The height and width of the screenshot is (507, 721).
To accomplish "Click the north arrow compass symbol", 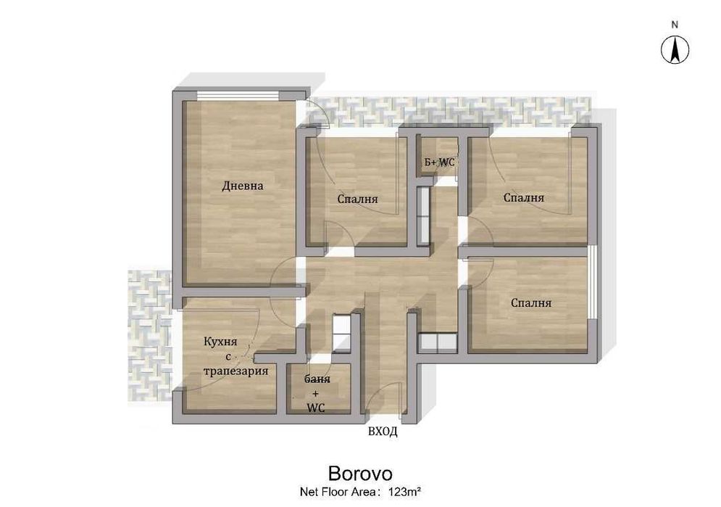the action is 675,49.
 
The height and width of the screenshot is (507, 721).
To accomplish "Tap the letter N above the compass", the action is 675,25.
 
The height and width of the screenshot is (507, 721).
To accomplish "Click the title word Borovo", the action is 360,474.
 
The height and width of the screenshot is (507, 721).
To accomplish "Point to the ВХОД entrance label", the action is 383,432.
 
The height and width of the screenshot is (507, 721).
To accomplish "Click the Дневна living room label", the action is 242,186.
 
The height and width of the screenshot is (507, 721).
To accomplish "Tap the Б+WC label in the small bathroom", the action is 439,162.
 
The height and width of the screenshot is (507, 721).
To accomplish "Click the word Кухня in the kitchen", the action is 220,342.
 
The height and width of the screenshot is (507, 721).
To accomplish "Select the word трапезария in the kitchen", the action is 236,371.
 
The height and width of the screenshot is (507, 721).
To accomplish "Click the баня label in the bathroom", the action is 317,379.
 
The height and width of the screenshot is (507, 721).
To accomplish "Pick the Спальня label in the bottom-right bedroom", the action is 531,303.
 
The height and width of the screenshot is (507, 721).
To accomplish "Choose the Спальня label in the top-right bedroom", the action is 524,198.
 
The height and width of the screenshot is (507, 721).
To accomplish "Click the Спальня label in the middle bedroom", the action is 357,199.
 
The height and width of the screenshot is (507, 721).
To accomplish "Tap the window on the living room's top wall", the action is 238,95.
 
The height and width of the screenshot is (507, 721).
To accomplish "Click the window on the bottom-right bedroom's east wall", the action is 593,282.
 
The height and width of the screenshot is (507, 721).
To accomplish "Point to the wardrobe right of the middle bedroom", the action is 423,215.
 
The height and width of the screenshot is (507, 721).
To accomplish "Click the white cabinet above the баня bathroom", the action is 341,332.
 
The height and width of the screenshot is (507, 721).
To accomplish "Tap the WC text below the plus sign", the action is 315,408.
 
